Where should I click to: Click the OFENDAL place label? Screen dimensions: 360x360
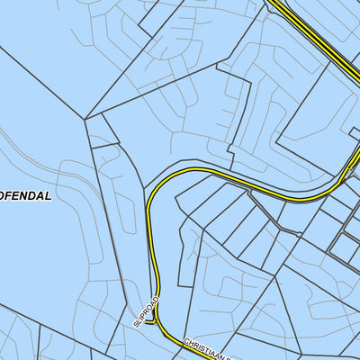(26, 195)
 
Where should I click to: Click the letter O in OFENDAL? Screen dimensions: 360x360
(4, 195)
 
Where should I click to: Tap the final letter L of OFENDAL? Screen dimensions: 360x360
(49, 195)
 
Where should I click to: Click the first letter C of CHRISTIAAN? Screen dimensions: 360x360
(186, 340)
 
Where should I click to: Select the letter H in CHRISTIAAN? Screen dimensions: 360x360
(193, 342)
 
